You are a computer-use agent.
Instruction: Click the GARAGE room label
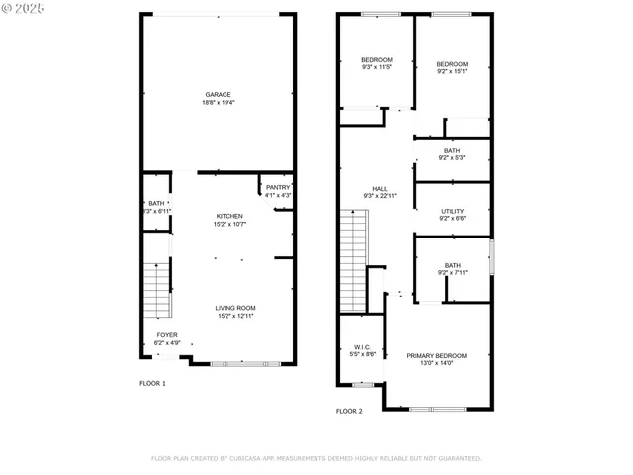pyautogui.click(x=218, y=95)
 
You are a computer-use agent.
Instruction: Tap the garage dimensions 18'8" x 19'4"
pyautogui.click(x=218, y=102)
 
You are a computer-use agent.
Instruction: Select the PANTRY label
pyautogui.click(x=278, y=187)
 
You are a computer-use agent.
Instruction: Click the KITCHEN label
pyautogui.click(x=229, y=216)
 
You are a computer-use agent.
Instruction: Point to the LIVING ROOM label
pyautogui.click(x=235, y=308)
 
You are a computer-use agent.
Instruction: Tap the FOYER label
pyautogui.click(x=168, y=335)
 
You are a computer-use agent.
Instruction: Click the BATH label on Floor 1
pyautogui.click(x=156, y=203)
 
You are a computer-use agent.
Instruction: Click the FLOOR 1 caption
pyautogui.click(x=152, y=382)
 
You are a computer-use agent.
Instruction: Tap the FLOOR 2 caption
pyautogui.click(x=349, y=410)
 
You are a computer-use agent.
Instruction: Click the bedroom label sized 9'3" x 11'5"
pyautogui.click(x=376, y=59)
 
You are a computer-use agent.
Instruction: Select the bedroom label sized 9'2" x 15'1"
pyautogui.click(x=452, y=64)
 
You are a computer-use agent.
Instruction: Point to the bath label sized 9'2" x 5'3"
pyautogui.click(x=452, y=151)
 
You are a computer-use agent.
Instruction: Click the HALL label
pyautogui.click(x=379, y=188)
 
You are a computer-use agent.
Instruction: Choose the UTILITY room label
pyautogui.click(x=452, y=212)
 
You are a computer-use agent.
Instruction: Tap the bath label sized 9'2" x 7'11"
pyautogui.click(x=452, y=265)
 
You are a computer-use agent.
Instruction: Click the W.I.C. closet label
pyautogui.click(x=362, y=347)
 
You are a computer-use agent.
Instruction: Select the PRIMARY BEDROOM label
pyautogui.click(x=436, y=355)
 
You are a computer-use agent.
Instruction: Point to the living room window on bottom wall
pyautogui.click(x=238, y=364)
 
